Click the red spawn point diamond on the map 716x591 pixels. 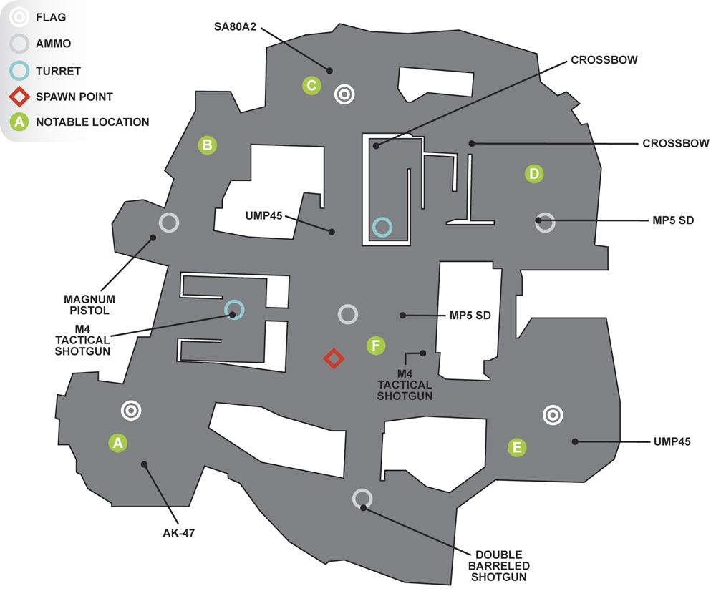334,358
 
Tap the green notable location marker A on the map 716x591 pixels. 118,443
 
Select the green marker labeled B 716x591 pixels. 208,145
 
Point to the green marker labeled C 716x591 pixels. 311,85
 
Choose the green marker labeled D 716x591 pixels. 534,173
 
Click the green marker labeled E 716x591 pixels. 517,447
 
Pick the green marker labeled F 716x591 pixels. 376,346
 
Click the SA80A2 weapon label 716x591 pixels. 235,27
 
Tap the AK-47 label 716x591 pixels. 178,532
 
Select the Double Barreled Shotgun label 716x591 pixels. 498,566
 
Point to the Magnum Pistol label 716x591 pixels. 89,305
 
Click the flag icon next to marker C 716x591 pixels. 344,94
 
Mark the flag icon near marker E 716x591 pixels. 553,415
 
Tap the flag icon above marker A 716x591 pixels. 131,410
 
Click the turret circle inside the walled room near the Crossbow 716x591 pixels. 382,220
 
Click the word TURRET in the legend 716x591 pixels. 58,71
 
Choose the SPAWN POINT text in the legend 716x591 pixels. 74,97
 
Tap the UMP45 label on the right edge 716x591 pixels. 672,441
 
